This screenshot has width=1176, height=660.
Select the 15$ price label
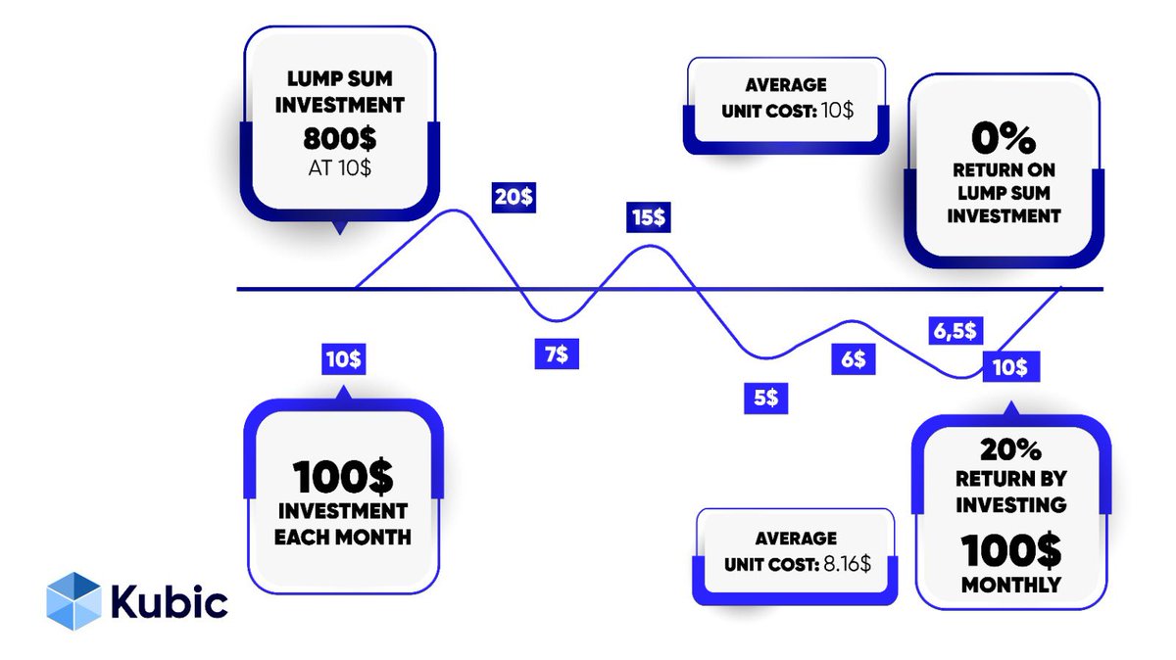[x=648, y=216]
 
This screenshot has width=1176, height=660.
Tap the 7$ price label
[x=556, y=353]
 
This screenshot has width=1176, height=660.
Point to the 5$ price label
[x=766, y=398]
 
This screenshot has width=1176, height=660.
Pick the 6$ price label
[x=852, y=359]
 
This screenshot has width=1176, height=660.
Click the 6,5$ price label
[x=951, y=330]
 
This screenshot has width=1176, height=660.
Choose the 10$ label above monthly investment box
[x=343, y=359]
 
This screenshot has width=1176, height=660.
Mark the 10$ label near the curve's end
[x=1008, y=367]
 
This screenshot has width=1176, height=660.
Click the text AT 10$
[x=340, y=167]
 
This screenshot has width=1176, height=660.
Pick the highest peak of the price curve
[x=453, y=211]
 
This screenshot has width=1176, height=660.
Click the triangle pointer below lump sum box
[x=340, y=228]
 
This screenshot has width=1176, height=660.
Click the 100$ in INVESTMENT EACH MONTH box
[x=342, y=478]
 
